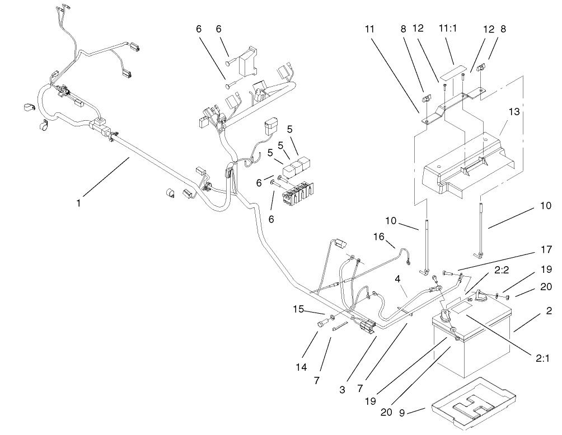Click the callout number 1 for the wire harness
78,204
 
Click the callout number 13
514,112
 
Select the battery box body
470,347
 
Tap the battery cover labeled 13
470,162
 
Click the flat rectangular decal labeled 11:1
452,73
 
